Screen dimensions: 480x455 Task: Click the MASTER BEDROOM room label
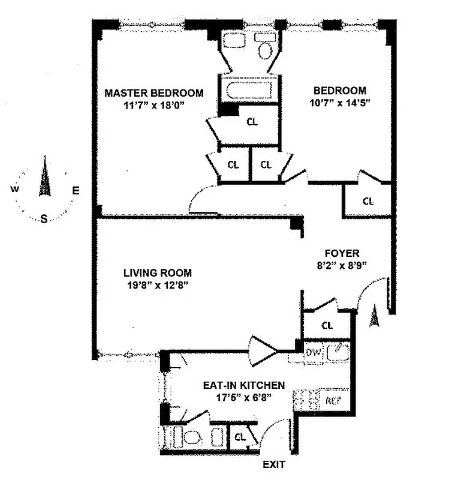tap(153, 93)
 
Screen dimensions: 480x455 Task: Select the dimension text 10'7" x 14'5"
tap(340, 103)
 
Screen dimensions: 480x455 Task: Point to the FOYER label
tap(342, 253)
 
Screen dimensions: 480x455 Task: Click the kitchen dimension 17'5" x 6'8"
tap(243, 397)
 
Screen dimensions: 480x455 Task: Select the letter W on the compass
tap(14, 189)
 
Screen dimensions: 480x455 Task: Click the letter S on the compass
tap(44, 219)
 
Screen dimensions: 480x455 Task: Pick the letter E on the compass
tap(76, 190)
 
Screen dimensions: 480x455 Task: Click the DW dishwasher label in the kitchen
tap(313, 353)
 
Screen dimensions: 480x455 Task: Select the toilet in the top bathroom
tap(264, 48)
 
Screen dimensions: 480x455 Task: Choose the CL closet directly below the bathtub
tap(252, 121)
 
